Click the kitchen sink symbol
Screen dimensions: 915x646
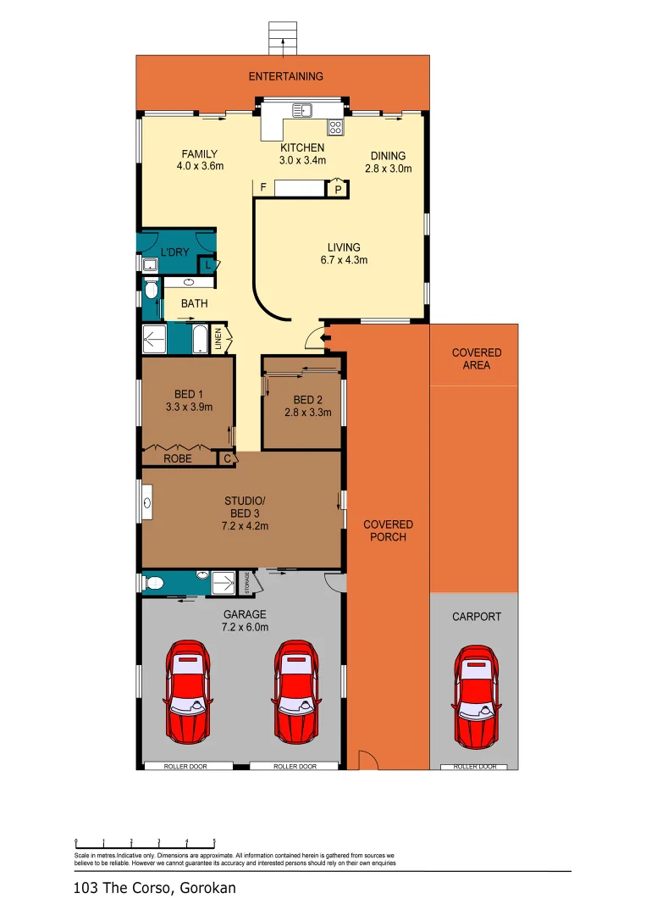click(302, 109)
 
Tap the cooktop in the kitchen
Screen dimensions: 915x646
click(335, 128)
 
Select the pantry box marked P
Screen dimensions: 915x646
click(338, 190)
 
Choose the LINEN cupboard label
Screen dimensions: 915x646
click(218, 339)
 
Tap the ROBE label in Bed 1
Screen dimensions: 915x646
click(178, 458)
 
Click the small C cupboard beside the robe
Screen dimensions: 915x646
click(226, 458)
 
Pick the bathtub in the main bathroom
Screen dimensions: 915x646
click(200, 339)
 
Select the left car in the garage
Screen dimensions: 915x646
click(187, 690)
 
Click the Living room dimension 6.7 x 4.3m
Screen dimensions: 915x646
click(344, 260)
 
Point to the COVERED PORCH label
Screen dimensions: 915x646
click(388, 530)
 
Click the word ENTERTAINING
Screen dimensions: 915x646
click(285, 76)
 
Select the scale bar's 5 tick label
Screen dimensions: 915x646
click(214, 841)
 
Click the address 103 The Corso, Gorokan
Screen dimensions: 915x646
click(155, 889)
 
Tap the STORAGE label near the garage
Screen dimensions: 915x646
click(246, 583)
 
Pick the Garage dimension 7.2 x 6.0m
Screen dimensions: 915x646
click(245, 627)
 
